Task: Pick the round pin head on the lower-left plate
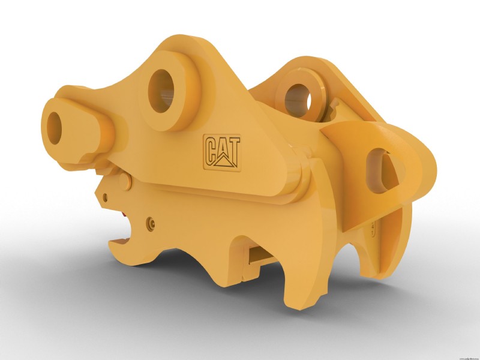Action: coord(130,179)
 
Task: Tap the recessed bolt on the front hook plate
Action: coord(149,222)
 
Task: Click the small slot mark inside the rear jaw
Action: coord(373,226)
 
